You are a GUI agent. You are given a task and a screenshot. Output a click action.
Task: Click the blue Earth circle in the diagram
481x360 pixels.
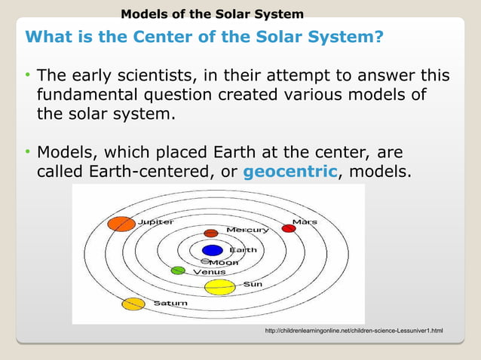tap(213, 250)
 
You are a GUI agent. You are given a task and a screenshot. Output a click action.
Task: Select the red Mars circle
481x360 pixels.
tap(288, 228)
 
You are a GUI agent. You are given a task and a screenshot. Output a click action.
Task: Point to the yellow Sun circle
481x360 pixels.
tap(220, 287)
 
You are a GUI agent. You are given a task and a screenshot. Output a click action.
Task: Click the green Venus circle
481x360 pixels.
tap(178, 270)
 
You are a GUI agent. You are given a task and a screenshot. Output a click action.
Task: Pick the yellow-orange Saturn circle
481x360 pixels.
tap(133, 304)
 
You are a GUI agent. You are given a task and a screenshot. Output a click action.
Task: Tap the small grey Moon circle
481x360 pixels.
tap(205, 261)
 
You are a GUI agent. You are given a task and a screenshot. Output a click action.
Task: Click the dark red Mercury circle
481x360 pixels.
tap(211, 233)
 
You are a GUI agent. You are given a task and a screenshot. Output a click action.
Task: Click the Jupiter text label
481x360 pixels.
tap(155, 222)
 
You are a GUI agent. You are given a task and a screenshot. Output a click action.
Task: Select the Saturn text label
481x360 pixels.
tap(170, 304)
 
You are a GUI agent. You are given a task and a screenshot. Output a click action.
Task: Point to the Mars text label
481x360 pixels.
tap(305, 222)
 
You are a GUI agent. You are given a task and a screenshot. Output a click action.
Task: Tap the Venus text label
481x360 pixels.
tap(210, 271)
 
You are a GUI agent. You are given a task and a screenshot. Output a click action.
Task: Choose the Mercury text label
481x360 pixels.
tap(248, 230)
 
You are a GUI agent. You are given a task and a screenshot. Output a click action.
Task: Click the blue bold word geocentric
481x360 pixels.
tap(290, 172)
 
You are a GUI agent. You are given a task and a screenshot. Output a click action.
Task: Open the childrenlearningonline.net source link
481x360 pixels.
tap(354, 331)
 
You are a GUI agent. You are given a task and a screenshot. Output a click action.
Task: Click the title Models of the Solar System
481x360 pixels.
tap(213, 14)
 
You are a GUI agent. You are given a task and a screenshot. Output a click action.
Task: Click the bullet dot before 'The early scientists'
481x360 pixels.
tap(27, 76)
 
